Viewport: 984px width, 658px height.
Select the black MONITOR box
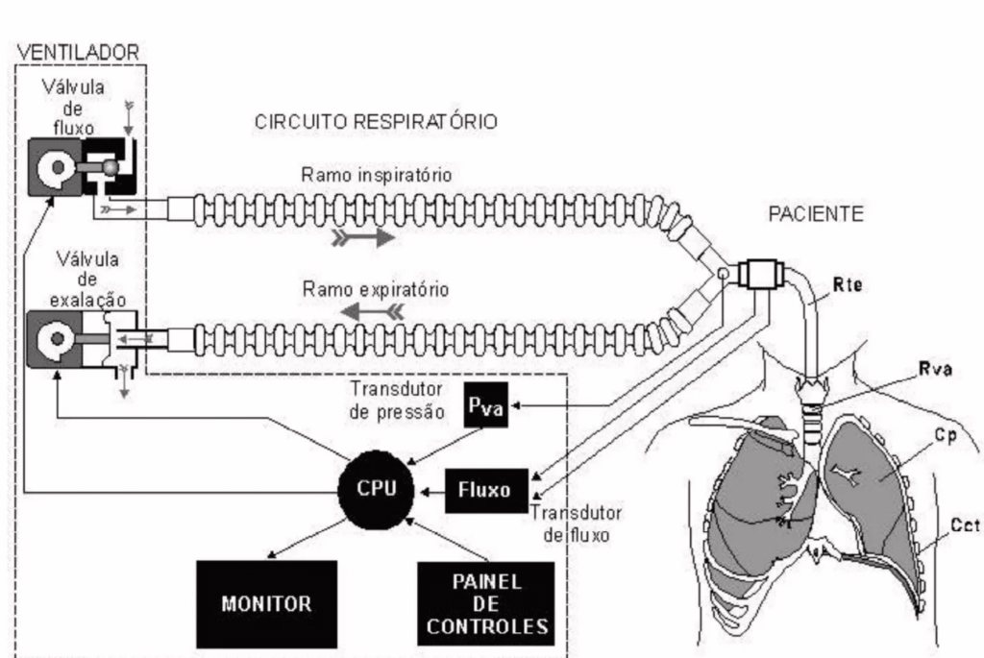(266, 604)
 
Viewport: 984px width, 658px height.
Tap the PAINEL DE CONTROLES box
(486, 604)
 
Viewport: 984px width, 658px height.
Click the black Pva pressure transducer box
(485, 407)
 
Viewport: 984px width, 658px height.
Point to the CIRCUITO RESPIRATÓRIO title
(375, 123)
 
